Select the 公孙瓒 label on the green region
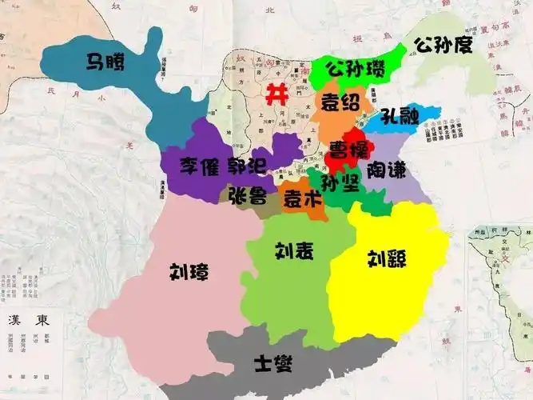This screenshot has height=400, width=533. [355, 66]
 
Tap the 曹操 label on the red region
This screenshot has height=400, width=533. [349, 150]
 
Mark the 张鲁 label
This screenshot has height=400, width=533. [247, 196]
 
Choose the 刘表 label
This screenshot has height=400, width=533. [294, 252]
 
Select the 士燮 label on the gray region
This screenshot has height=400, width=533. [272, 364]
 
